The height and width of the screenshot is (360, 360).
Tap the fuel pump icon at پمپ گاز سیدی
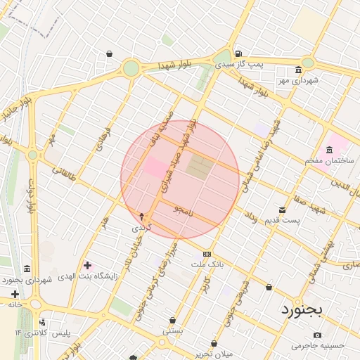click(x=239, y=53)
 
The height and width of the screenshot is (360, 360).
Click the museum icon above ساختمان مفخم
click(x=329, y=149)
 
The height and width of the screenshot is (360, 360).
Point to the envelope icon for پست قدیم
click(x=282, y=210)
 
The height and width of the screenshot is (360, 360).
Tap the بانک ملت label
click(x=207, y=264)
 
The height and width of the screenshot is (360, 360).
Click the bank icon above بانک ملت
click(x=207, y=254)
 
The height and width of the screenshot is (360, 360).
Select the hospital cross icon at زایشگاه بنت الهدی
click(x=87, y=266)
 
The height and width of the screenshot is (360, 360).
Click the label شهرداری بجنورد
click(x=46, y=280)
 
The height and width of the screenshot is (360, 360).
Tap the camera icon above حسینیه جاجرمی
click(x=317, y=335)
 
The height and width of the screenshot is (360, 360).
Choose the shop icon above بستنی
click(x=173, y=321)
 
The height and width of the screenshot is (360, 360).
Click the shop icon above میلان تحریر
click(x=213, y=344)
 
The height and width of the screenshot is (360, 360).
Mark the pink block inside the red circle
click(x=154, y=167)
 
